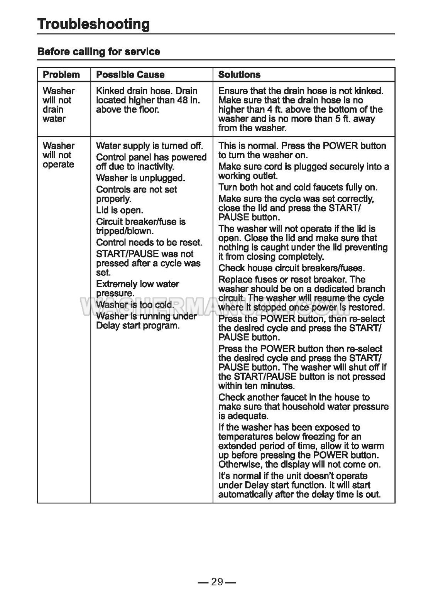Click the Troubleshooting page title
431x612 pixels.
pyautogui.click(x=93, y=24)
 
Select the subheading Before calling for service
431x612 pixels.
pyautogui.click(x=98, y=52)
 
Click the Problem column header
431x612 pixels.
pyautogui.click(x=61, y=74)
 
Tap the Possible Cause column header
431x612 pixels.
pyautogui.click(x=130, y=74)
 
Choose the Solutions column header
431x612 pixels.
pyautogui.click(x=239, y=74)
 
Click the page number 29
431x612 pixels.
pyautogui.click(x=217, y=582)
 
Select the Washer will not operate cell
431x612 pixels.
pyautogui.click(x=59, y=155)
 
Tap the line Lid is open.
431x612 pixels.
pyautogui.click(x=120, y=210)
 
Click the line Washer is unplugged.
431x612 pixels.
pyautogui.click(x=140, y=178)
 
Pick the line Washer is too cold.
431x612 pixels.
pyautogui.click(x=135, y=305)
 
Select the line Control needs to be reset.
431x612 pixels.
pyautogui.click(x=149, y=242)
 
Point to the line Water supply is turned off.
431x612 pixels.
pyautogui.click(x=149, y=146)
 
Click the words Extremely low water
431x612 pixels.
pyautogui.click(x=137, y=284)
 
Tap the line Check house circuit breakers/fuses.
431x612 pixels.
pyautogui.click(x=291, y=268)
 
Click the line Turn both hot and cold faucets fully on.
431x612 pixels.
pyautogui.click(x=298, y=187)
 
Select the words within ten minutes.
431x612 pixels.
pyautogui.click(x=256, y=386)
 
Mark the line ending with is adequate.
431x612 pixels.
pyautogui.click(x=243, y=416)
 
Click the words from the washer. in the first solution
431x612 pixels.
pyautogui.click(x=252, y=128)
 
